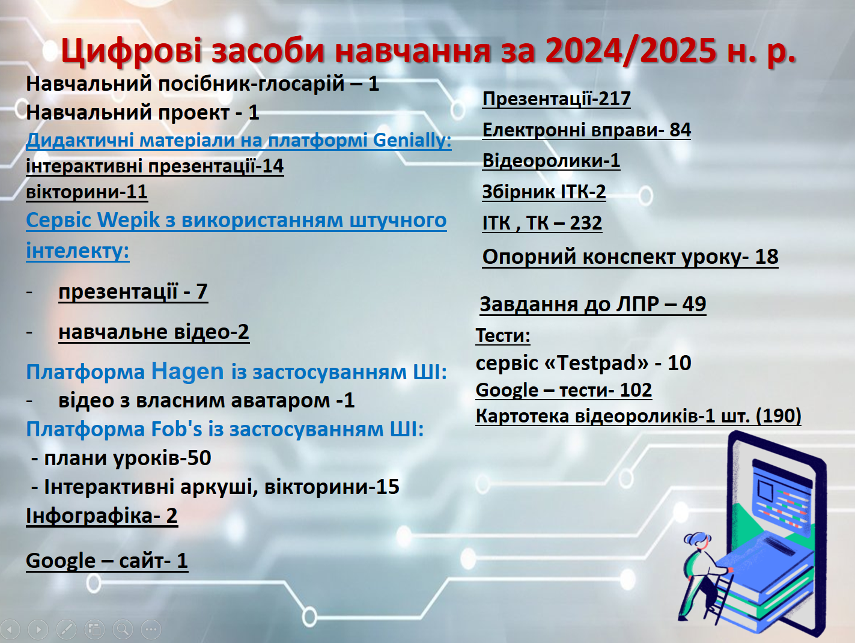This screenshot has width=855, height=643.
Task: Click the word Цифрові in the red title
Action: pyautogui.click(x=131, y=51)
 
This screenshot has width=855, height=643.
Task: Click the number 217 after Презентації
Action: pyautogui.click(x=615, y=99)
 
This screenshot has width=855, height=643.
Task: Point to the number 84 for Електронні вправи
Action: pyautogui.click(x=680, y=130)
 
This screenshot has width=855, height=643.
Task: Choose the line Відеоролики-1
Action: pyautogui.click(x=551, y=160)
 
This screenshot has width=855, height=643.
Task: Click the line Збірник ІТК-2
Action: pyautogui.click(x=544, y=192)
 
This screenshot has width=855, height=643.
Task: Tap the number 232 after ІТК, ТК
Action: pyautogui.click(x=586, y=223)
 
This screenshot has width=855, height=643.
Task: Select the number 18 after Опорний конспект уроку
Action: pyautogui.click(x=767, y=257)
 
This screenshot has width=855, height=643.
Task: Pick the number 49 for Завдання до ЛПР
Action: pyautogui.click(x=694, y=304)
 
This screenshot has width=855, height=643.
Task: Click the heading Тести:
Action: pyautogui.click(x=503, y=335)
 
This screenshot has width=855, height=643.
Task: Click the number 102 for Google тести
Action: pyautogui.click(x=636, y=390)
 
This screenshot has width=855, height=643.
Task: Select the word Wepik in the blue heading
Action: pyautogui.click(x=129, y=220)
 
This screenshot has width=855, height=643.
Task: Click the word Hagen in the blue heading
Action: pyautogui.click(x=187, y=371)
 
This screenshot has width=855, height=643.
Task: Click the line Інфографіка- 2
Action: pyautogui.click(x=102, y=516)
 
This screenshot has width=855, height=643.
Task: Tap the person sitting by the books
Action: pyautogui.click(x=703, y=576)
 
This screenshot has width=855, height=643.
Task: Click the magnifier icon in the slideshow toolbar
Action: pyautogui.click(x=123, y=629)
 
